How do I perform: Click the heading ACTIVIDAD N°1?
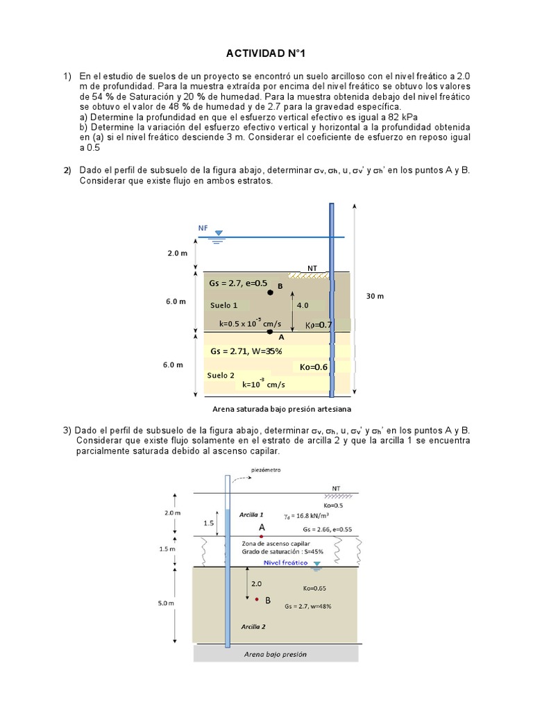[x=266, y=53]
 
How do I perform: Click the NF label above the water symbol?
[x=203, y=228]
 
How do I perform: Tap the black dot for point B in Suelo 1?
[x=271, y=293]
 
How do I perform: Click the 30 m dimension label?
[x=375, y=296]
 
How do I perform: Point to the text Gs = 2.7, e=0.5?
[x=238, y=283]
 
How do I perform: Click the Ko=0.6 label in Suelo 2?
[x=314, y=367]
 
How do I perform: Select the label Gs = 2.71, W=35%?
[x=246, y=351]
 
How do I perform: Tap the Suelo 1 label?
[x=223, y=306]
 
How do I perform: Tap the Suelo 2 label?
[x=221, y=375]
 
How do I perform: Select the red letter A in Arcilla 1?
[x=262, y=528]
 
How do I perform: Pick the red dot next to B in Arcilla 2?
[x=257, y=599]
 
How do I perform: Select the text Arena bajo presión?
[x=275, y=654]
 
